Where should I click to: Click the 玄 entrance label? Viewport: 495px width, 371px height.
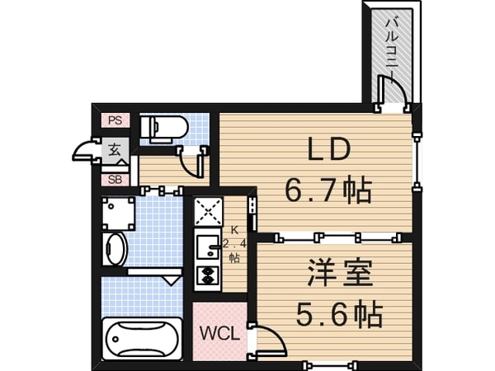[x=115, y=151]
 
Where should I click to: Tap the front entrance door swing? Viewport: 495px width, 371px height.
[x=86, y=151]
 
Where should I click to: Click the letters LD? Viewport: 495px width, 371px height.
[x=329, y=151]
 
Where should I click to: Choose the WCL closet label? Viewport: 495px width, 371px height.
[x=219, y=334]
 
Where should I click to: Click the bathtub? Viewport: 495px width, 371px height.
[x=143, y=337]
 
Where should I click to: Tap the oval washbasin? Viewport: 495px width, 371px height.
[x=116, y=248]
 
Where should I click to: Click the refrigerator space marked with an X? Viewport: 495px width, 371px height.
[x=207, y=212]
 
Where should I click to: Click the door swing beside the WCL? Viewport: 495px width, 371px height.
[x=268, y=338]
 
